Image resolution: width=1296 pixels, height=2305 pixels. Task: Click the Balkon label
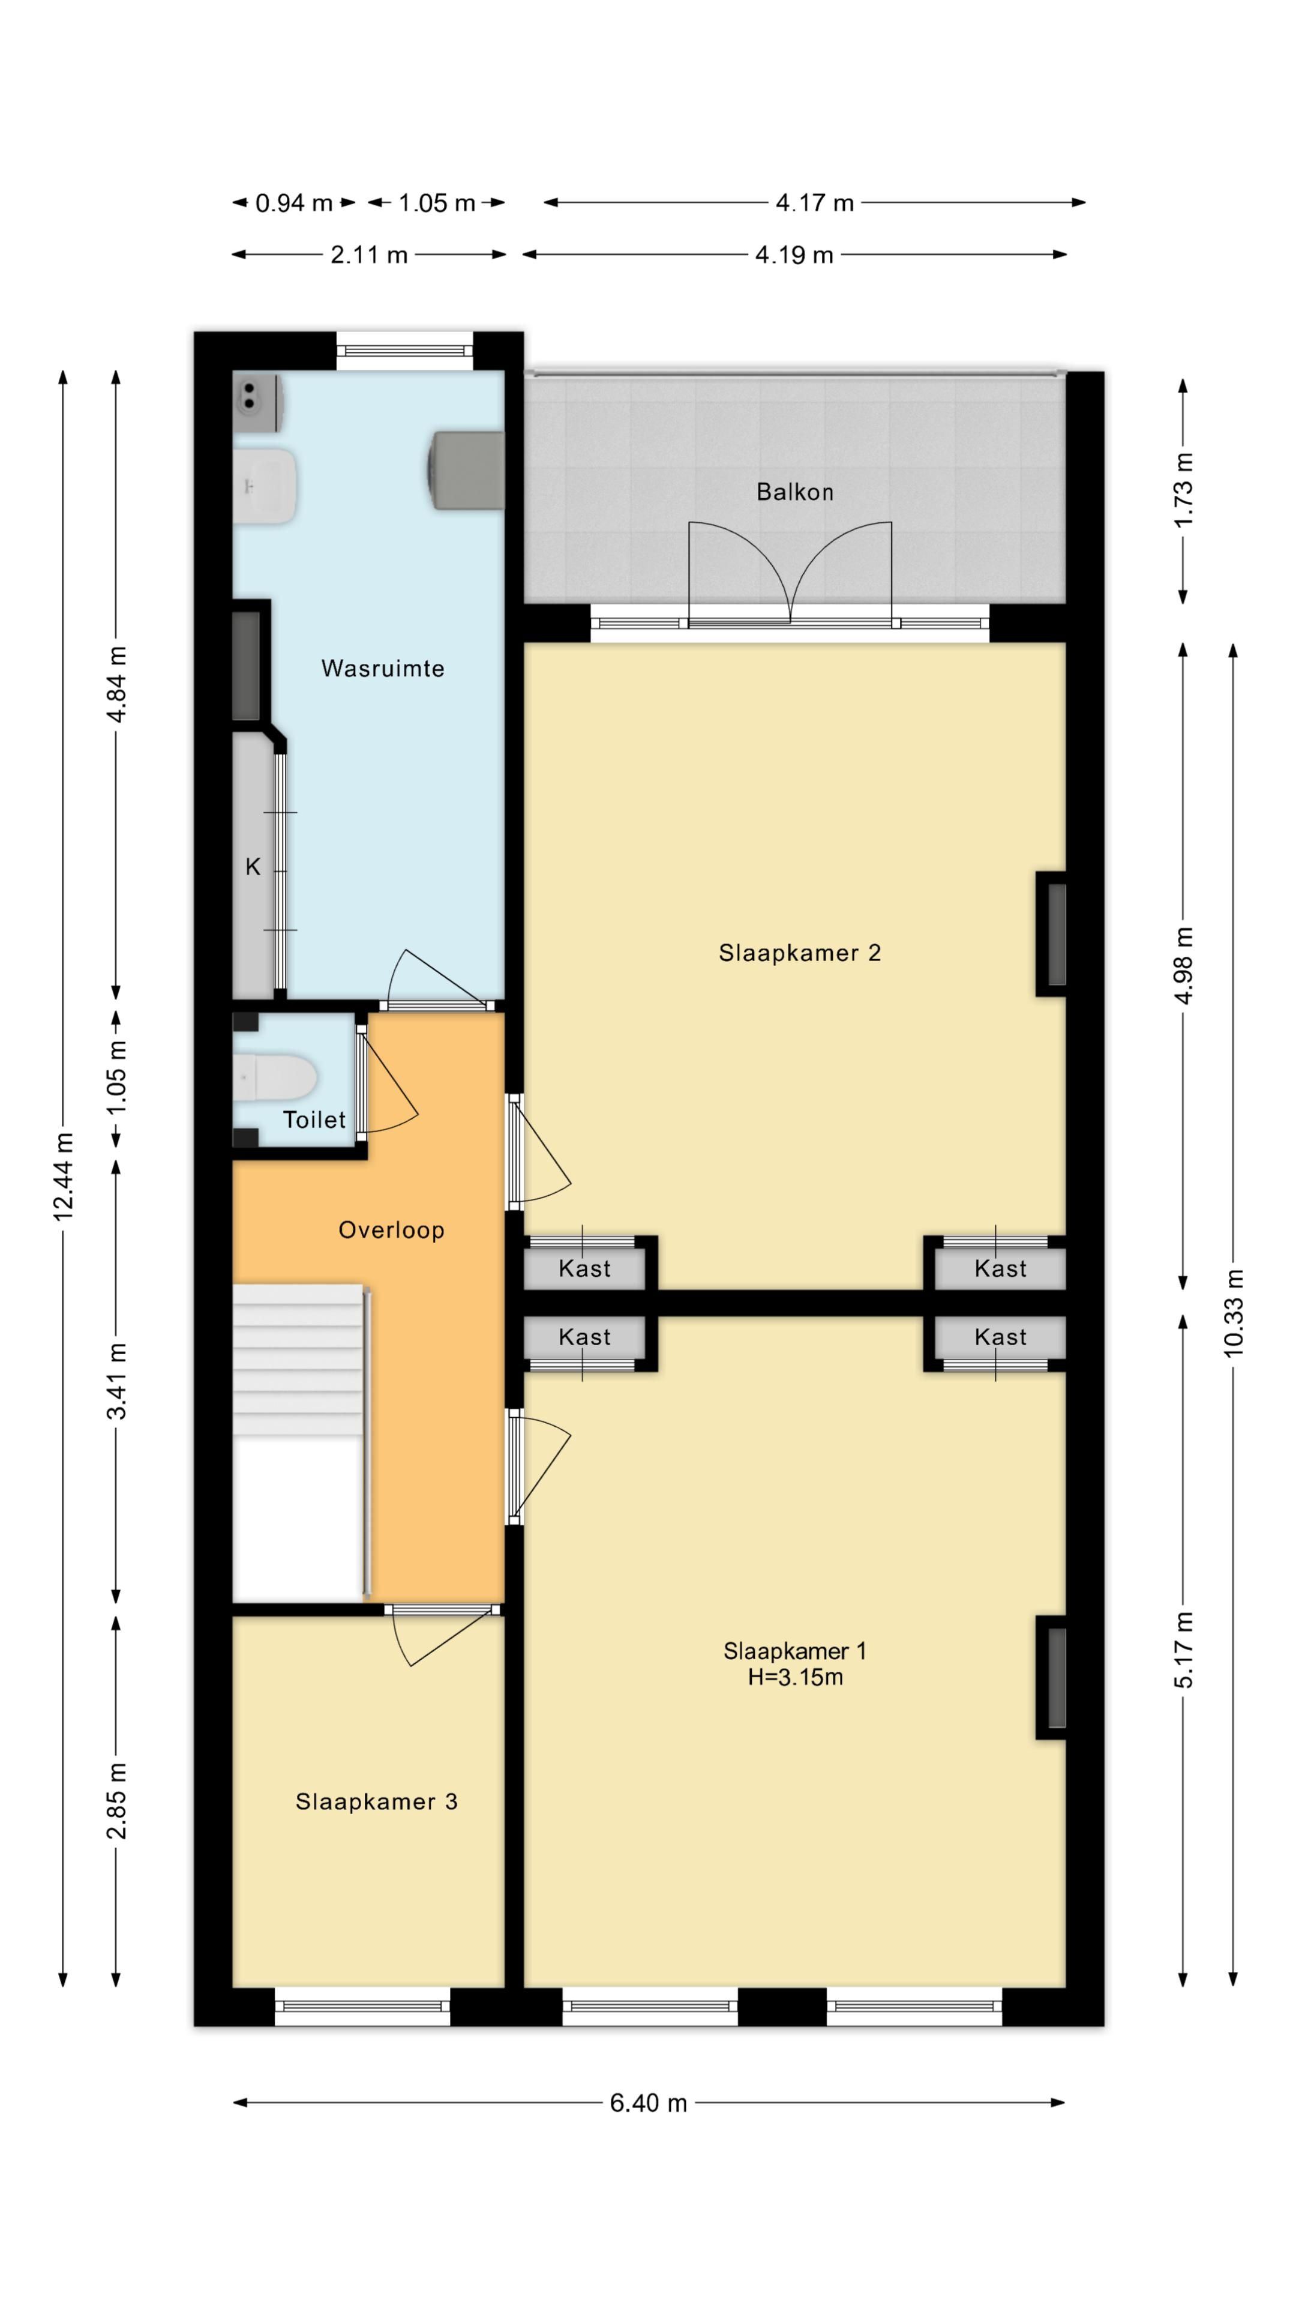click(794, 492)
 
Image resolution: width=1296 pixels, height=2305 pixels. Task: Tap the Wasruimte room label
click(383, 669)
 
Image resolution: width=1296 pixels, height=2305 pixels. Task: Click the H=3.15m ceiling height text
click(795, 1677)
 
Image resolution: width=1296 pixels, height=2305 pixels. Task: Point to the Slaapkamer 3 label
click(377, 1801)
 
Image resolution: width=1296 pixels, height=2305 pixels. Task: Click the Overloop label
click(391, 1231)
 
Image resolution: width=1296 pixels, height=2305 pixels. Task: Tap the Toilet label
click(314, 1119)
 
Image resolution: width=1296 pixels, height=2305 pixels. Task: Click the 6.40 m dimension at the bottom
click(649, 2103)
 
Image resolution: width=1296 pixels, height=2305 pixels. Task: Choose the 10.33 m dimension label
click(1234, 1313)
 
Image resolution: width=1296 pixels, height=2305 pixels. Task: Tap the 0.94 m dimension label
click(293, 203)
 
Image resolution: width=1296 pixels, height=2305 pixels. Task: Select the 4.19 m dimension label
click(794, 255)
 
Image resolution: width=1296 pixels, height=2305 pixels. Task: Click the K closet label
click(253, 866)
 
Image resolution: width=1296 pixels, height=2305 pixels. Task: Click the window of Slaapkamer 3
click(362, 2006)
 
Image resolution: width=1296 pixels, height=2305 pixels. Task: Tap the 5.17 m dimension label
click(1183, 1649)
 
